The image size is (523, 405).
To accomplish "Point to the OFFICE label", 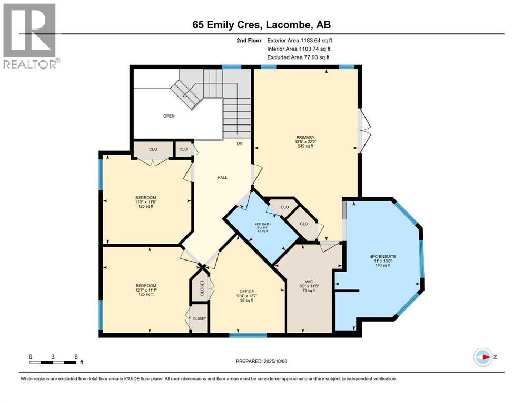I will point(246,292).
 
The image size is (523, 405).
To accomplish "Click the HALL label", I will point(222,177).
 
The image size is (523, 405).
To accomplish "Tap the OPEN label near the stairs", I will point(169,116).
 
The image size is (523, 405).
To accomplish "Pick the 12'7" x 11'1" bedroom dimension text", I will point(146,290).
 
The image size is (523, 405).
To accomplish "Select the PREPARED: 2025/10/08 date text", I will point(261,361).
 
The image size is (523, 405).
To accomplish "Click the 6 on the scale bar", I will point(76,356).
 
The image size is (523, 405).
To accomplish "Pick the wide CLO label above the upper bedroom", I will point(153,149).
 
